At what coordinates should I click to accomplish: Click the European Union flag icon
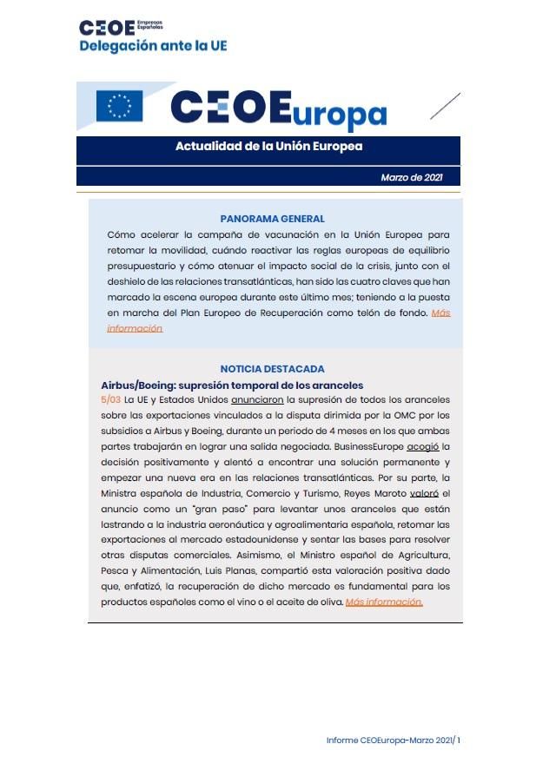tap(119, 106)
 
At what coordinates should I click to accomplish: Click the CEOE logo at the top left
tap(108, 29)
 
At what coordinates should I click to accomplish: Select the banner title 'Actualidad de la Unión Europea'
tap(268, 147)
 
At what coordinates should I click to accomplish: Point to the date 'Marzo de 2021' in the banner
tap(412, 177)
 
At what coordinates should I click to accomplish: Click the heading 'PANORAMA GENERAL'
tap(272, 219)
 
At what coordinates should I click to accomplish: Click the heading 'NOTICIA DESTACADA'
tap(272, 369)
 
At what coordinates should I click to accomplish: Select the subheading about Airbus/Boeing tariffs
tap(232, 385)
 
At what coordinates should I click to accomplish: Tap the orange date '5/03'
tap(110, 400)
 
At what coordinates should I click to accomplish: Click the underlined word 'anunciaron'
tap(257, 400)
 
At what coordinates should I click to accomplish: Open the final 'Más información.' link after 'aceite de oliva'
tap(383, 602)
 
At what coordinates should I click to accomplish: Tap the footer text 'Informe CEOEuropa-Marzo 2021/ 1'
tap(393, 740)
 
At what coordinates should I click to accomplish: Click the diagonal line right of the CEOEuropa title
tap(445, 106)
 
